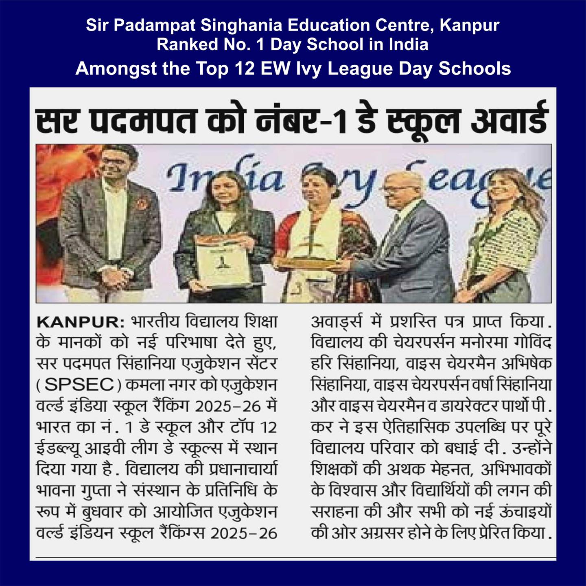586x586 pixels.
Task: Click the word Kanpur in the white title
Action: [x=469, y=26]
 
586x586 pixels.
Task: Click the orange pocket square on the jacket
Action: [x=142, y=203]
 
